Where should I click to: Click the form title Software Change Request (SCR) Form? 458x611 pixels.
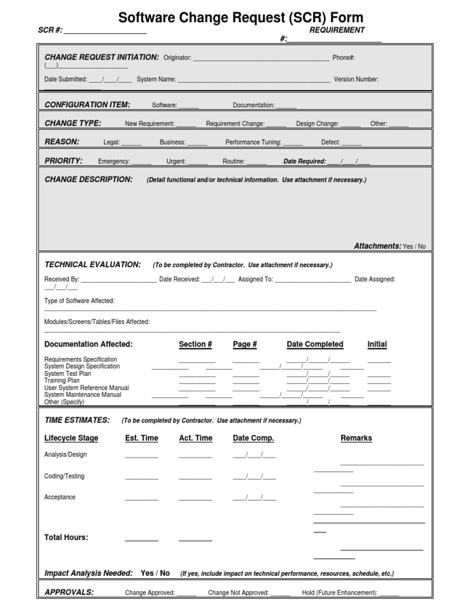click(240, 17)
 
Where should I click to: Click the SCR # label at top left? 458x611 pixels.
click(49, 30)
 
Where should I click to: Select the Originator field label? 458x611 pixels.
click(177, 58)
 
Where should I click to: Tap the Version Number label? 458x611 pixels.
click(356, 79)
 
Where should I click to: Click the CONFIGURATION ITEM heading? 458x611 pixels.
click(87, 105)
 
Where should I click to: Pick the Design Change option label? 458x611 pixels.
click(317, 124)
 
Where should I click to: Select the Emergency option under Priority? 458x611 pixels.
click(113, 162)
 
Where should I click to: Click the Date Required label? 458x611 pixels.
click(304, 162)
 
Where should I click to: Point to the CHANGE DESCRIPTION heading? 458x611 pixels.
click(88, 180)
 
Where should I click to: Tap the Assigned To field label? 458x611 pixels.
click(255, 279)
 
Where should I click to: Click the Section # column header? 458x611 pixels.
click(195, 344)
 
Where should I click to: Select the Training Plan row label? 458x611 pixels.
click(61, 381)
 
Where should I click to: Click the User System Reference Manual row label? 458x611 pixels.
click(86, 388)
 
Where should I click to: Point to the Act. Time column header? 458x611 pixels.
click(195, 438)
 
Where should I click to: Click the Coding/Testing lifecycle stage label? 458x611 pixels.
click(64, 476)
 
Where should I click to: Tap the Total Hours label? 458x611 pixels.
click(66, 538)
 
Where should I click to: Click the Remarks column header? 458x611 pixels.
click(356, 438)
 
